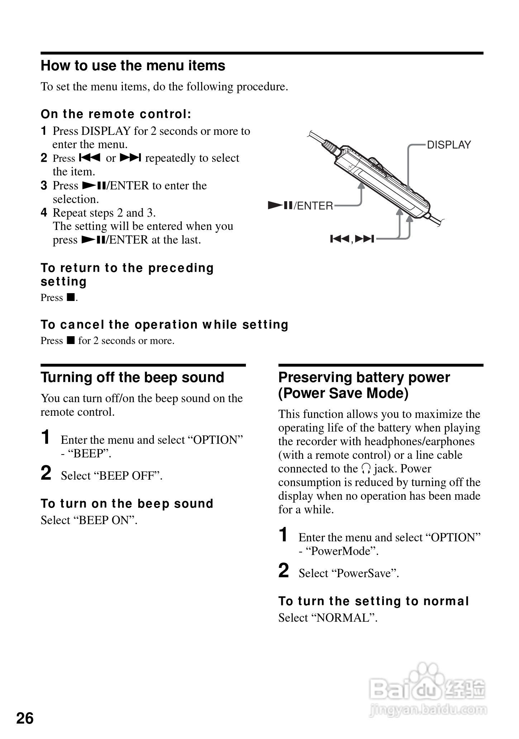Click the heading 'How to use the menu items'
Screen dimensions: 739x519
tap(133, 66)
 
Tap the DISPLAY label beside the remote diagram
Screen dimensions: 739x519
tap(449, 145)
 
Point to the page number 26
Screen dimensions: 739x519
tap(25, 719)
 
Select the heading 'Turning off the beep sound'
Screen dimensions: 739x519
tap(132, 378)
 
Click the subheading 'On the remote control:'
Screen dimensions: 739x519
tap(116, 114)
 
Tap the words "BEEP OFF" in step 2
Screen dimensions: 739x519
tap(128, 476)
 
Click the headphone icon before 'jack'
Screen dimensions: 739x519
tap(366, 469)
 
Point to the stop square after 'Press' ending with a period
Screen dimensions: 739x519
tap(70, 297)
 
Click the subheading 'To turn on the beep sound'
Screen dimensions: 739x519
tap(127, 504)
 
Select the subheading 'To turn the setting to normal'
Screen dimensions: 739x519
tap(373, 601)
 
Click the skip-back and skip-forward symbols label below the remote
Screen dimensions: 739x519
tap(352, 239)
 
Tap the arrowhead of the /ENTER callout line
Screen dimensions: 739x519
tap(361, 185)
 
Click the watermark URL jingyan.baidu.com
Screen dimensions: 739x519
tap(428, 710)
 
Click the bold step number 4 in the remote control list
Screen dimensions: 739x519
tap(44, 213)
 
